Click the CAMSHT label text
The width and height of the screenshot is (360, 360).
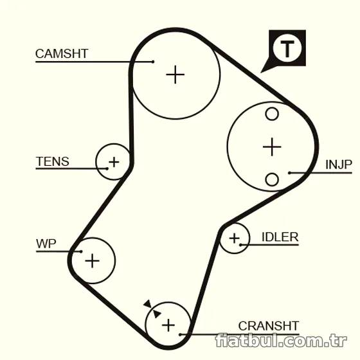pyautogui.click(x=62, y=54)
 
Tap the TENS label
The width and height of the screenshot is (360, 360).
pyautogui.click(x=52, y=161)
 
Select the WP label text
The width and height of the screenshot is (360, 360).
pyautogui.click(x=46, y=244)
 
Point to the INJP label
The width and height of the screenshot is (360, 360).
pyautogui.click(x=339, y=165)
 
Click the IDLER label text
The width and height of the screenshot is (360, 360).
pyautogui.click(x=280, y=237)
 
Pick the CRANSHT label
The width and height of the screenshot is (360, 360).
pyautogui.click(x=269, y=326)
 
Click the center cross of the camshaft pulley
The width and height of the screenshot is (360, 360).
pyautogui.click(x=175, y=75)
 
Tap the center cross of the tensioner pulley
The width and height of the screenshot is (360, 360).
pyautogui.click(x=114, y=162)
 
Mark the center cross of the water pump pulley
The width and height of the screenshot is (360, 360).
pyautogui.click(x=92, y=261)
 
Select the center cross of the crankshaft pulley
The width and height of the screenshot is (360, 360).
pyautogui.click(x=168, y=325)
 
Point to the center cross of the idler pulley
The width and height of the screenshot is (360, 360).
pyautogui.click(x=235, y=238)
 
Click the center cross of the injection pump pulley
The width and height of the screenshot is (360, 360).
pyautogui.click(x=272, y=147)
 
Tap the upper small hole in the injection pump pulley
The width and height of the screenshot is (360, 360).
pyautogui.click(x=272, y=114)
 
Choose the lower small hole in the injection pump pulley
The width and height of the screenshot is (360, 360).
pyautogui.click(x=272, y=179)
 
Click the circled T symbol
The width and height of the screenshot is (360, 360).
pyautogui.click(x=287, y=48)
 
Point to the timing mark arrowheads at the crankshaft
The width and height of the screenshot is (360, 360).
pyautogui.click(x=152, y=309)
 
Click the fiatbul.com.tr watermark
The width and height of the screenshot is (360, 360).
pyautogui.click(x=281, y=341)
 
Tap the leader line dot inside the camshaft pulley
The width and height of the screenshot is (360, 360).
pyautogui.click(x=153, y=62)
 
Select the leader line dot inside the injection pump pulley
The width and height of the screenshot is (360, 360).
pyautogui.click(x=289, y=173)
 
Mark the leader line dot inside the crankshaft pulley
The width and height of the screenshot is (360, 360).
pyautogui.click(x=180, y=335)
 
